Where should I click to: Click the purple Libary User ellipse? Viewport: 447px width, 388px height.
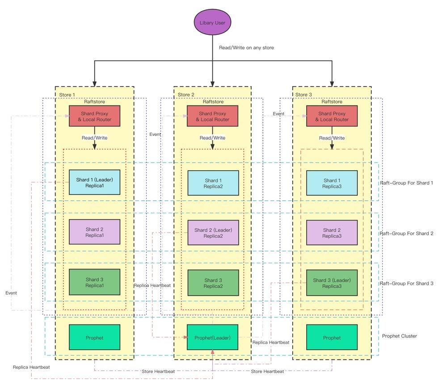click(212, 22)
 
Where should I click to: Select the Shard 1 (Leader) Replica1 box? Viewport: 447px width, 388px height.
click(94, 182)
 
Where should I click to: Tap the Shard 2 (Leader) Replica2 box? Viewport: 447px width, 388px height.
click(213, 232)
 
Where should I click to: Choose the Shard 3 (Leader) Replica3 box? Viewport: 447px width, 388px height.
click(332, 283)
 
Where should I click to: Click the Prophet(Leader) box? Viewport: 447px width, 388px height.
click(212, 337)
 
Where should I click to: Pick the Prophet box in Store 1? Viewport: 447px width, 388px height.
click(94, 337)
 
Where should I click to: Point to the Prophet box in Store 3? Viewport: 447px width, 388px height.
click(332, 337)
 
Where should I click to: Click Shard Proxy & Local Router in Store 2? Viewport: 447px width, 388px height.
click(212, 116)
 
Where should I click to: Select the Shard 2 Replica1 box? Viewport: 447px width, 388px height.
click(94, 232)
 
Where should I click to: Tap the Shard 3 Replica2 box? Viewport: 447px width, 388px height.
click(213, 283)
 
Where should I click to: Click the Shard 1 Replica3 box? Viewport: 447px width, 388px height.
click(332, 183)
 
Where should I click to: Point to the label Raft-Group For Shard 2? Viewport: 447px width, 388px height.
click(406, 233)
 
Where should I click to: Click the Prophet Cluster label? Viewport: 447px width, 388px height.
click(399, 336)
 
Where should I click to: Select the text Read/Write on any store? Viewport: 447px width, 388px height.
click(246, 48)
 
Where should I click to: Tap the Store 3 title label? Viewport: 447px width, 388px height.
click(304, 95)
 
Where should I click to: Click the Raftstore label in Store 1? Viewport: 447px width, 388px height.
click(94, 102)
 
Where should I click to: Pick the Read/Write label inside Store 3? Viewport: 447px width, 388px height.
click(332, 138)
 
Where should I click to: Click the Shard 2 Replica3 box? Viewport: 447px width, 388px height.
click(332, 232)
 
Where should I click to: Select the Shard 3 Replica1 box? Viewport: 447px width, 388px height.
click(94, 282)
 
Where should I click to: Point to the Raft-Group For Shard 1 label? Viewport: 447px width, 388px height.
click(406, 183)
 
